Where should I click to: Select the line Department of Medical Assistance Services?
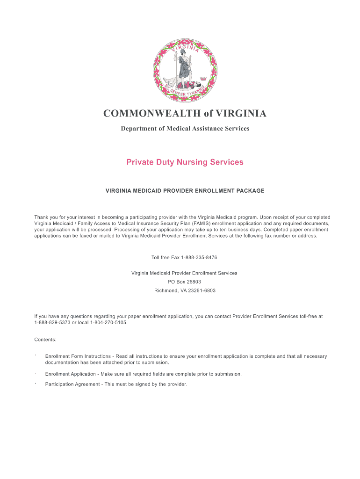(x=185, y=128)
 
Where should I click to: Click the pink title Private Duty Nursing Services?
(x=185, y=162)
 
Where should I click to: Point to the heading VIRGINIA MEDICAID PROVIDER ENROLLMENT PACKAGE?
(x=185, y=191)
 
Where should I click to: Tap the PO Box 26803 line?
(x=184, y=282)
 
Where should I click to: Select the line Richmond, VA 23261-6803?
(x=185, y=290)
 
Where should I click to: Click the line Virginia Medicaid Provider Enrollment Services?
(x=184, y=273)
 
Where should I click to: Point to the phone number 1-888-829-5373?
(x=52, y=323)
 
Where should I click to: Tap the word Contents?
(x=45, y=339)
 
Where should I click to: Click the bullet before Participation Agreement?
(x=36, y=383)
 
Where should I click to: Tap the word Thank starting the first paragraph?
(x=42, y=218)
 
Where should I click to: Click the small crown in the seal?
(x=202, y=75)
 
